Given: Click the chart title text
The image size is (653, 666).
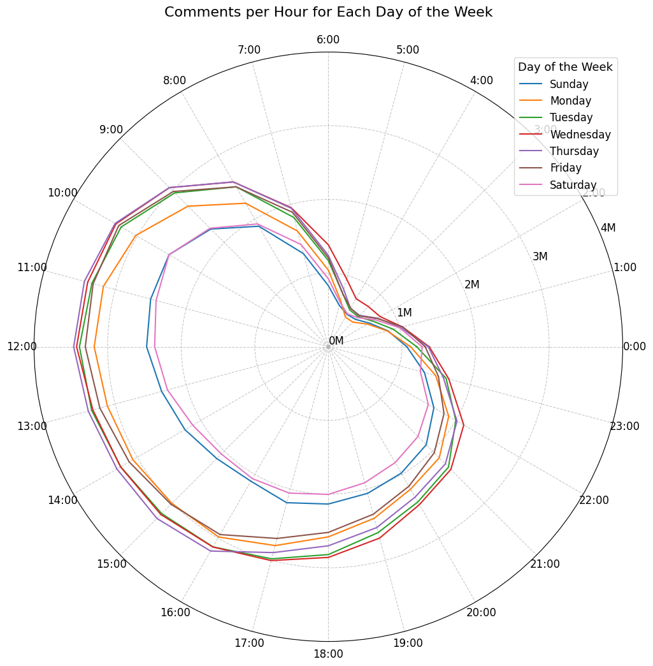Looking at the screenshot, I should pos(328,12).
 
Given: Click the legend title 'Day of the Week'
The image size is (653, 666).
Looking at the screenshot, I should pos(565,67).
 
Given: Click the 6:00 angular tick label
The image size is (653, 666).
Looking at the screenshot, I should pos(328,40).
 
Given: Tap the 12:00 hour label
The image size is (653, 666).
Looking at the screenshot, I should pos(22,346).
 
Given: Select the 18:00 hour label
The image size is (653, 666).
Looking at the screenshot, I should pos(328,653).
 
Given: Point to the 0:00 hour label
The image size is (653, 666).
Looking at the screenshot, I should pos(634,346).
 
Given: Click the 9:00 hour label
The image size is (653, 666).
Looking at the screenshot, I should pos(111,129).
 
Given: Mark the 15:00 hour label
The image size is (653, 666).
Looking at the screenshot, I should pos(111,564).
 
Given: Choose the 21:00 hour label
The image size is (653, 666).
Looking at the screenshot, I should pos(545,564).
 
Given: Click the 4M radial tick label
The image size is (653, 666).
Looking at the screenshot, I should pos(608,228).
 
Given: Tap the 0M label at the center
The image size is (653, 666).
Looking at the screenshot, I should pos(336,341).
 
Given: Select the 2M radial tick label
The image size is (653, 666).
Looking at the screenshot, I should pos(472,285).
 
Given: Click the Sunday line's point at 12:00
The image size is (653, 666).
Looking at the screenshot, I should pos(147,347).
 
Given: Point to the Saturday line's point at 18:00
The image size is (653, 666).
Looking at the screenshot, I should pos(328,494).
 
